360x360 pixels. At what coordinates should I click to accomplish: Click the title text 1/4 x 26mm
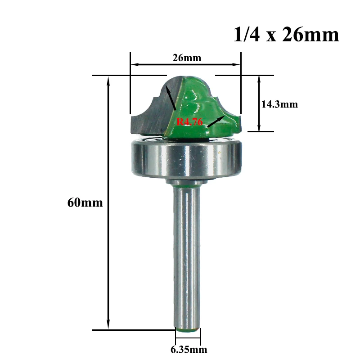286,35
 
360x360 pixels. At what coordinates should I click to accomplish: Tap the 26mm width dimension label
186,58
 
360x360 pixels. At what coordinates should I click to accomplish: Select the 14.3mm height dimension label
279,104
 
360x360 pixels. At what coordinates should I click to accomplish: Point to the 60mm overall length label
85,202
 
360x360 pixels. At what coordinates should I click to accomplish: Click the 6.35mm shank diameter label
188,349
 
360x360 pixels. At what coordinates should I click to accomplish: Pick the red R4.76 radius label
189,121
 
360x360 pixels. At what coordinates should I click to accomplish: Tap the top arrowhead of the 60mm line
108,80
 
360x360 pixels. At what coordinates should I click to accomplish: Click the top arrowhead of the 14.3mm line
260,79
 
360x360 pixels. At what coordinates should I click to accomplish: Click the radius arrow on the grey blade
170,97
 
